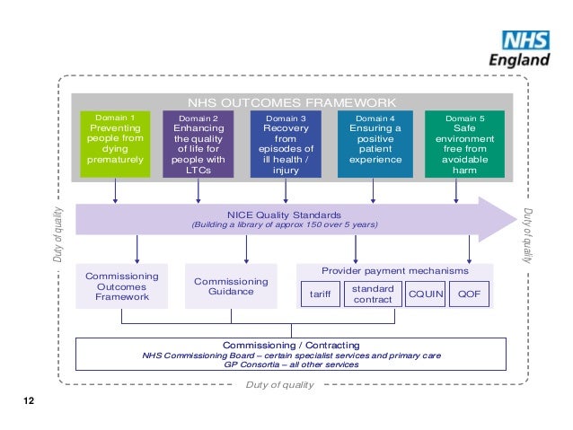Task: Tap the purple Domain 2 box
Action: coord(198,144)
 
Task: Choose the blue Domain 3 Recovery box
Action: coord(285,144)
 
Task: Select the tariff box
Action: coord(321,294)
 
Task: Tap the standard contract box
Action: coord(373,294)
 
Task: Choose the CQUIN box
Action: coord(425,294)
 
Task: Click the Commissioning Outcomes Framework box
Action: coord(121,286)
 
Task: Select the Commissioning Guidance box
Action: coord(231,286)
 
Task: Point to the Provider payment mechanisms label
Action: coord(394,270)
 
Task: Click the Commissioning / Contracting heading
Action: coord(291,345)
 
